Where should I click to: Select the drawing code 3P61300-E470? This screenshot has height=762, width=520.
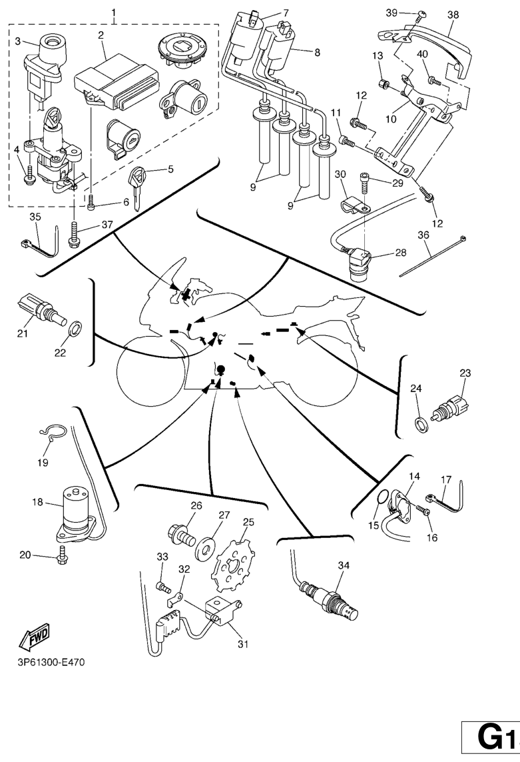[x=47, y=663]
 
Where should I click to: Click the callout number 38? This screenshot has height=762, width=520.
[x=453, y=14]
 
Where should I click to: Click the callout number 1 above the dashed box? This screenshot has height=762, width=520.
[x=113, y=13]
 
